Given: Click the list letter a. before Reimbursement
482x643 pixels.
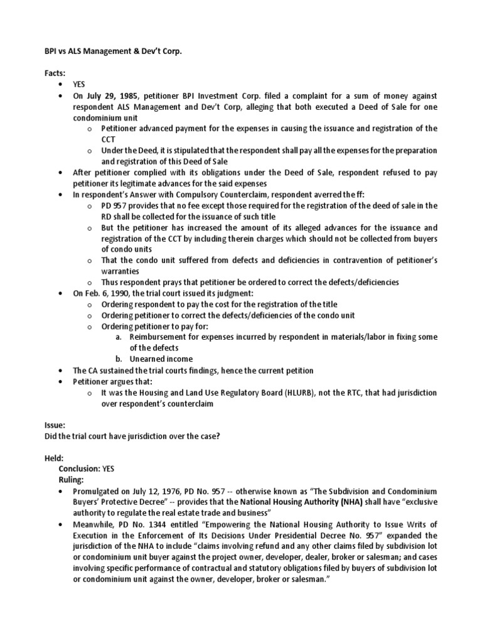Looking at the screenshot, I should pos(119,337).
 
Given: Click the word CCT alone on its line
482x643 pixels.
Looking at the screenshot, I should pos(109,139).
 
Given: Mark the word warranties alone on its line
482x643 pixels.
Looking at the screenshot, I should pos(122,271).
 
